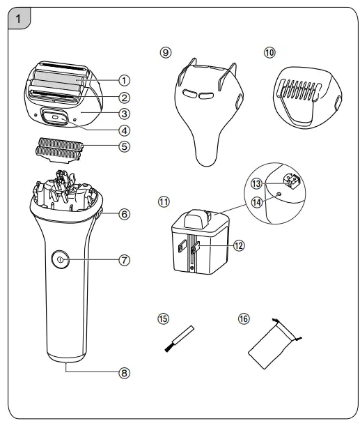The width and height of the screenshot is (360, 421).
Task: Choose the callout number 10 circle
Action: pyautogui.click(x=269, y=53)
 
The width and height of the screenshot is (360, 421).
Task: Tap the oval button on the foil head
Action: pyautogui.click(x=56, y=118)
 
